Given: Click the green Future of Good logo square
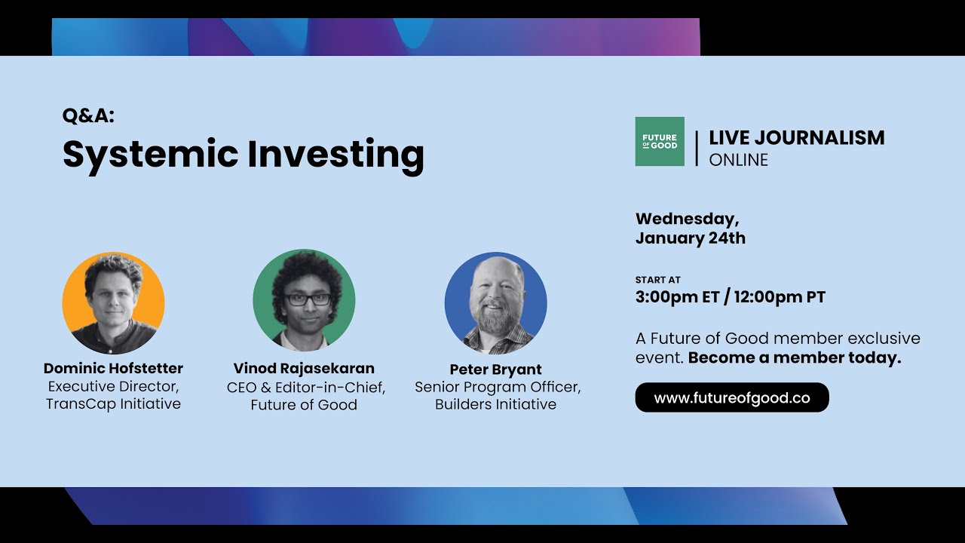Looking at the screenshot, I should click(660, 141).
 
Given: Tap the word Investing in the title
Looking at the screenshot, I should click(335, 154).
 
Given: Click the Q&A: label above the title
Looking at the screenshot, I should click(88, 115).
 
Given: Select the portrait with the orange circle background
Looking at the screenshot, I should click(113, 303).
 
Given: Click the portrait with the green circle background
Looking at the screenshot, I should click(304, 300).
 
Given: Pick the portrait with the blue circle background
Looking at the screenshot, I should click(495, 303).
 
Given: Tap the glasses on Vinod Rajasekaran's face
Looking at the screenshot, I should click(308, 299).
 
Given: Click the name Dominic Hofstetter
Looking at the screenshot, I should click(113, 369).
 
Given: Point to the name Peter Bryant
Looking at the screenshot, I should click(495, 370).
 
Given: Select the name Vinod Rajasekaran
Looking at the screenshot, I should click(304, 369).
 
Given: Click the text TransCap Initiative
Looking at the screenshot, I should click(113, 403).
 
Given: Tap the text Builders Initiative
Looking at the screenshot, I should click(495, 404).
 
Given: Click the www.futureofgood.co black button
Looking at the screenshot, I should click(731, 397).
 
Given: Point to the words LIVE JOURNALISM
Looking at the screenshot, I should click(796, 138).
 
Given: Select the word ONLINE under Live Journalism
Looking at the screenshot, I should click(738, 160).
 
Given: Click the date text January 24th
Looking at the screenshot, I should click(690, 238).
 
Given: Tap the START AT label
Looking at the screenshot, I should click(657, 280).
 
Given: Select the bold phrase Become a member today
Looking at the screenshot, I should click(795, 358).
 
